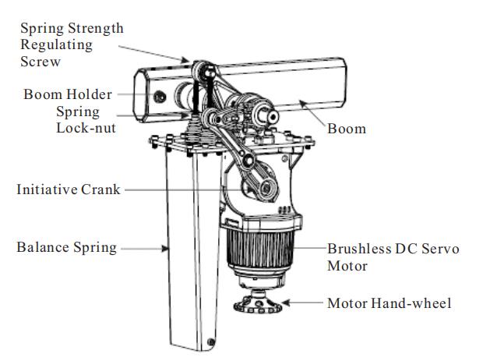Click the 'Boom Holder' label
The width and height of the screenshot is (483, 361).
[x=68, y=94]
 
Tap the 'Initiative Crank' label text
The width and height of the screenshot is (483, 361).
[x=69, y=189]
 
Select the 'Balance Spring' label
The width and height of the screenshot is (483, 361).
[x=67, y=247]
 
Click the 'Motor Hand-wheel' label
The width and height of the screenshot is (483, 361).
[x=390, y=303]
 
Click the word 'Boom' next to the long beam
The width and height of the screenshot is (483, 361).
[x=347, y=129]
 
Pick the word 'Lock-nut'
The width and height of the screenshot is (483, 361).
[x=86, y=128]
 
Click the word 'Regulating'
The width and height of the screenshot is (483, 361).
[x=56, y=45]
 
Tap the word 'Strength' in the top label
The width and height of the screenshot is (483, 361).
[x=96, y=28]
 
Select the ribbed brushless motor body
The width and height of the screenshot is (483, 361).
[x=260, y=247]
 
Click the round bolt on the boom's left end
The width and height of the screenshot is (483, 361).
[x=160, y=97]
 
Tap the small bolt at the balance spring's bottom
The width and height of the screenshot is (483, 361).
[x=211, y=342]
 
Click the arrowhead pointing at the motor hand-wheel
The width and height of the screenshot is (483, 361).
[x=286, y=303]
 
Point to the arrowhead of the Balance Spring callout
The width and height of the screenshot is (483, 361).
[x=165, y=248]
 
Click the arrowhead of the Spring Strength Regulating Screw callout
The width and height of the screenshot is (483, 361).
[x=185, y=60]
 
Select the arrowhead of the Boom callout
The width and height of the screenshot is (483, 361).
[x=302, y=104]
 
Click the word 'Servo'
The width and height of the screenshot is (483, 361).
[x=440, y=249]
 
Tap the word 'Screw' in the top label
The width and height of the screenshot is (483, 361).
[x=41, y=62]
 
